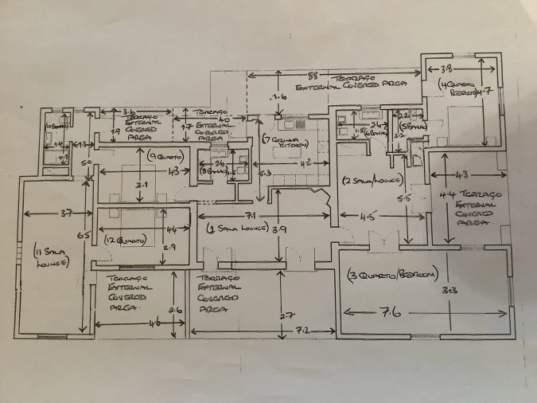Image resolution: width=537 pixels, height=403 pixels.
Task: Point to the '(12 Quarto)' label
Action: (x=126, y=240)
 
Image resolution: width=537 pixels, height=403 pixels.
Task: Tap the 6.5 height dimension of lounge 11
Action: (x=83, y=236)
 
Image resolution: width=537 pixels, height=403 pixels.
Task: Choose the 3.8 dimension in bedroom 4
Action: (x=448, y=68)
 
